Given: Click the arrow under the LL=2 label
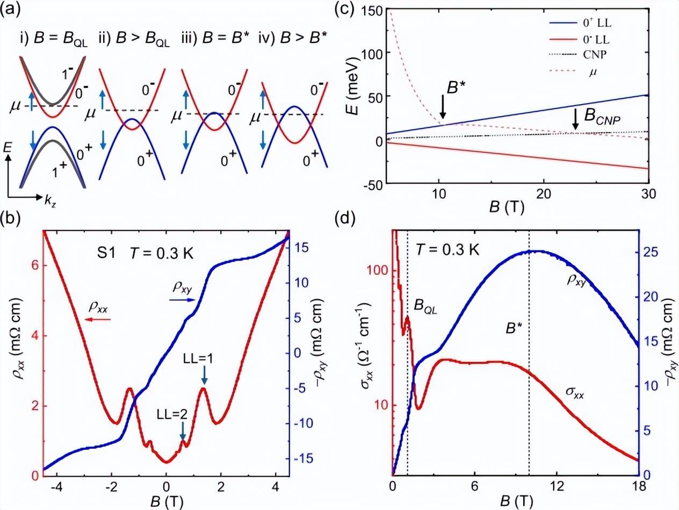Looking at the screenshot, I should (x=183, y=430).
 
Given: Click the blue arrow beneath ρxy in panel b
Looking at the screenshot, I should (x=181, y=301).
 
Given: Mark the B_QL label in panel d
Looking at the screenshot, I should (x=428, y=305).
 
